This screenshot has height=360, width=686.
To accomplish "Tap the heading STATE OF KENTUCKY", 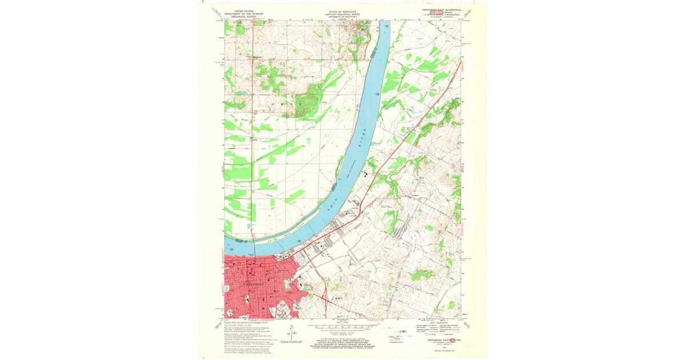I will click(343, 11).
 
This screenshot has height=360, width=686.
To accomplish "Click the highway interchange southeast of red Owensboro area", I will click(324, 298).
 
